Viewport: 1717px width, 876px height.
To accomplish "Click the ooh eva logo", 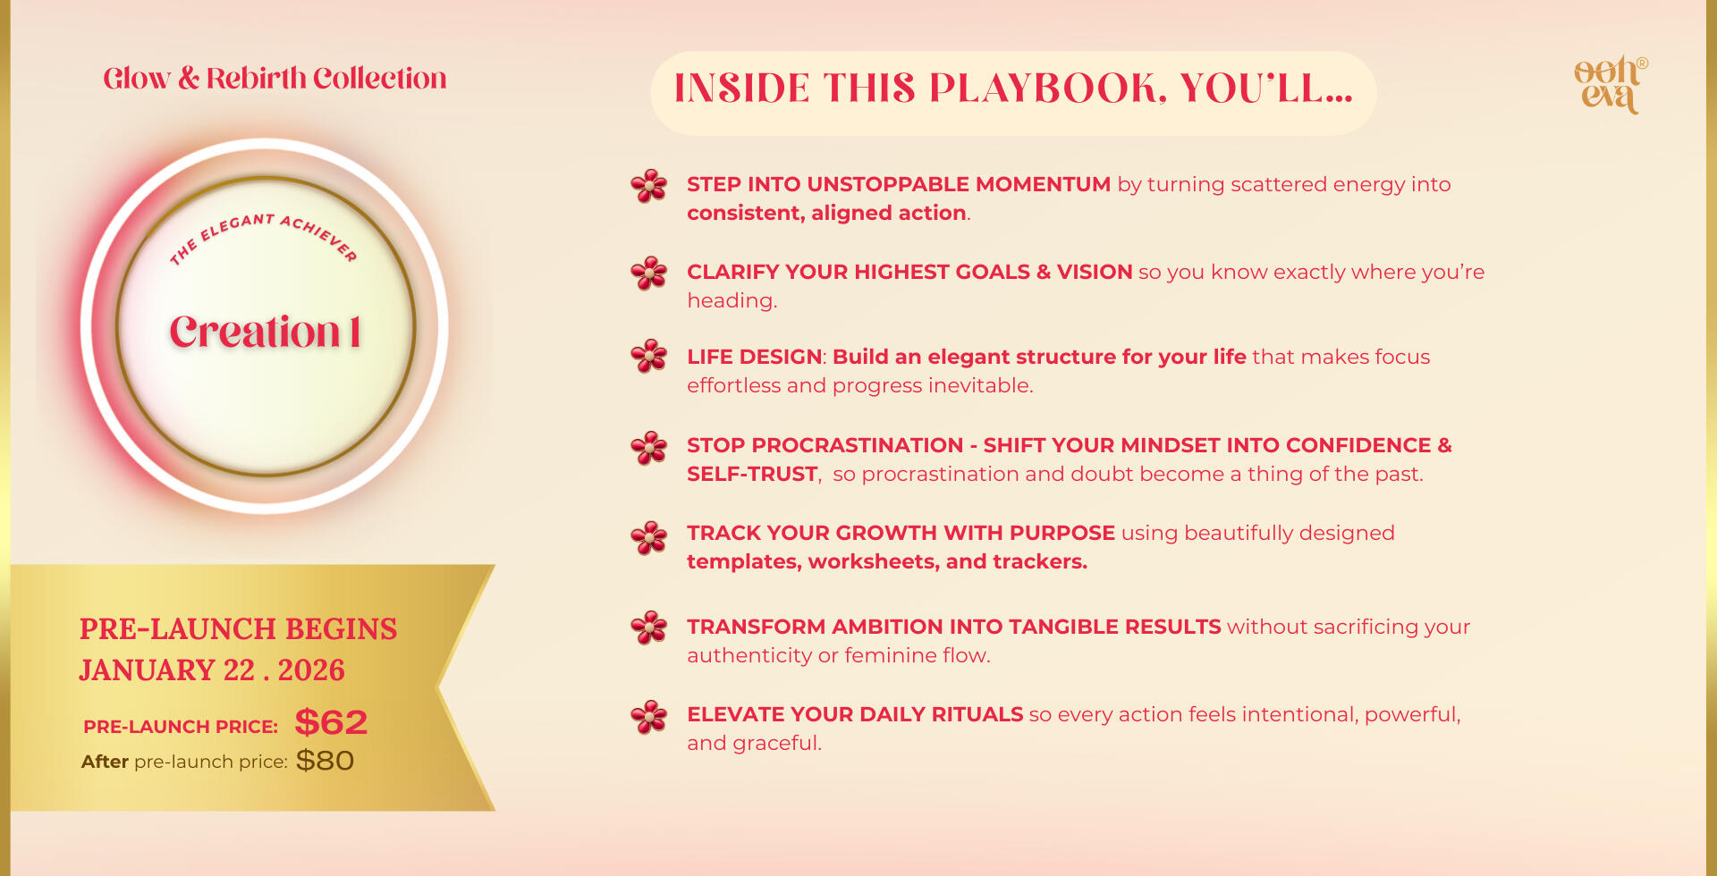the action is (1610, 85).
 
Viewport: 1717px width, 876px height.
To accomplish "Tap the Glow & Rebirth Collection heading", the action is (275, 79).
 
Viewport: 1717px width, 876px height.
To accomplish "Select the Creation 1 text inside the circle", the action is (266, 332).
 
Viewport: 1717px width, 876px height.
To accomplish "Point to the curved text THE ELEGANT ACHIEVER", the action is (264, 234).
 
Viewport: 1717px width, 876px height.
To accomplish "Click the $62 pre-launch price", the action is (331, 722).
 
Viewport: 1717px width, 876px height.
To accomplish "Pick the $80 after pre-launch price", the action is (325, 761).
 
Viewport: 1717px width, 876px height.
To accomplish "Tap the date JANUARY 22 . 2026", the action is (212, 670).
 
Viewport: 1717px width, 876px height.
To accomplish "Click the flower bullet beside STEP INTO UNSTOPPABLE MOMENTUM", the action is (649, 186).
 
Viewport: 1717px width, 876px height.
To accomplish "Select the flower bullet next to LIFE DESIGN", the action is (649, 356).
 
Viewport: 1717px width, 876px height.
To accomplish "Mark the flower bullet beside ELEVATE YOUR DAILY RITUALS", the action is (649, 717).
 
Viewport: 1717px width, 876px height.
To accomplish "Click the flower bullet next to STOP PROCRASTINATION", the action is (649, 448).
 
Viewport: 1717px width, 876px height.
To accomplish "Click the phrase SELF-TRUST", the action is (752, 474).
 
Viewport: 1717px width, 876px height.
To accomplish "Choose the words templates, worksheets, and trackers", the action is (887, 561).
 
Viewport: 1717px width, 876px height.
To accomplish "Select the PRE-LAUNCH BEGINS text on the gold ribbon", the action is (238, 629).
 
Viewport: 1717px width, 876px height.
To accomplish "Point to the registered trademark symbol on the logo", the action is (1643, 63).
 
